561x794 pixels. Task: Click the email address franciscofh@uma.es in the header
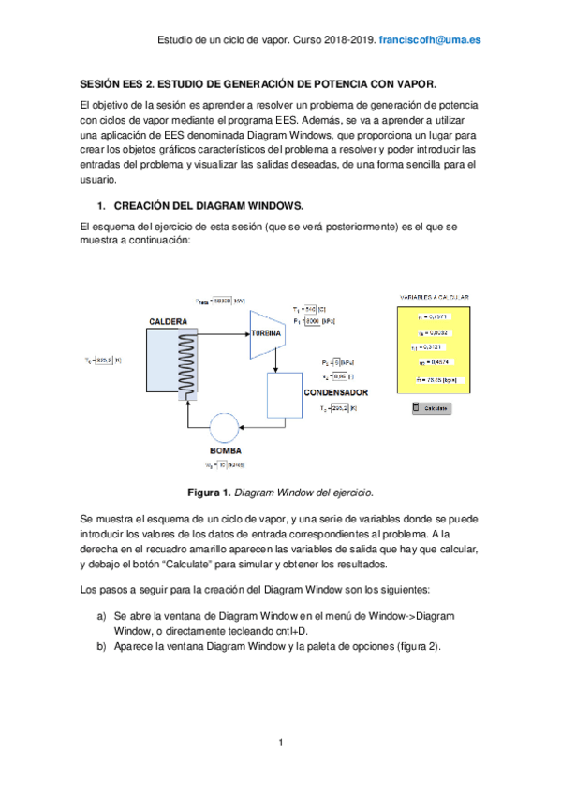(x=437, y=41)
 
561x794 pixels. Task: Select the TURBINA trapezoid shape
(x=266, y=334)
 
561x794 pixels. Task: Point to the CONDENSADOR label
(x=335, y=392)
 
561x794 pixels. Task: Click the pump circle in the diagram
(x=225, y=429)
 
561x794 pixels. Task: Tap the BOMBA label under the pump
(x=225, y=451)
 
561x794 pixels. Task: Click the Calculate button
(x=432, y=408)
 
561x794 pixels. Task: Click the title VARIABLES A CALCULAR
(x=434, y=298)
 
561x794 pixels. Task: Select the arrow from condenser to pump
(x=267, y=428)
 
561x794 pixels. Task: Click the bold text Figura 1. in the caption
(x=210, y=492)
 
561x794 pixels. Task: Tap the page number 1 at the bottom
(x=280, y=743)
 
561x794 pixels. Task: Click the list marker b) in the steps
(x=101, y=646)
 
